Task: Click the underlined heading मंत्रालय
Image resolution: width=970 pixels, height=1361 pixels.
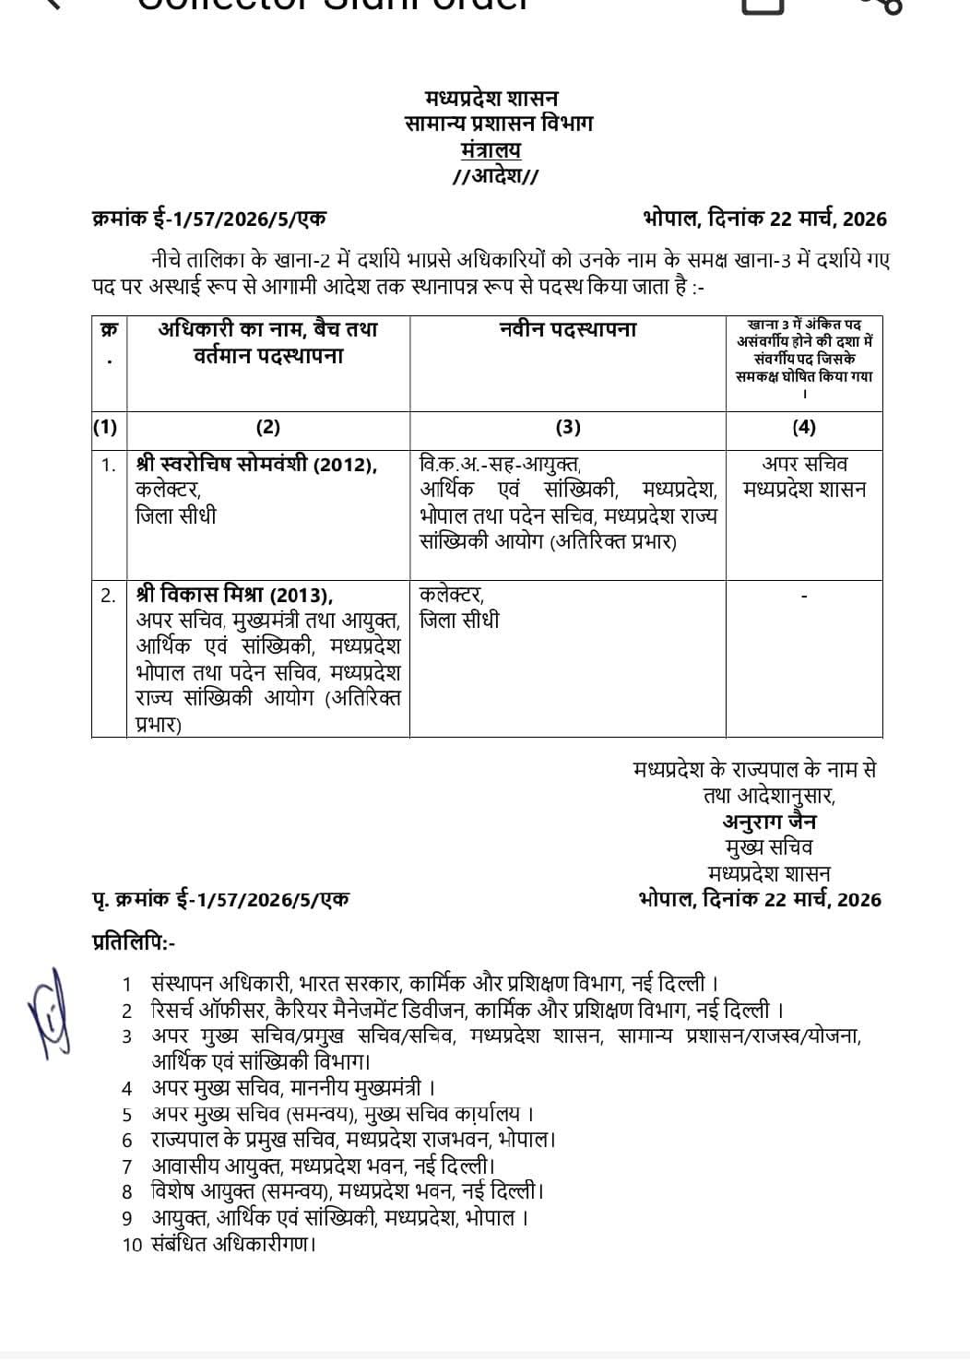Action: [x=491, y=149]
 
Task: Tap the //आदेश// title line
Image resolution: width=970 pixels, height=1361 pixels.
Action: [x=495, y=176]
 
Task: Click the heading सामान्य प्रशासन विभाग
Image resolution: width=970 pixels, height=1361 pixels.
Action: [x=499, y=123]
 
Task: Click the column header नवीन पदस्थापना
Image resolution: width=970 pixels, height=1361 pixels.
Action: [x=568, y=330]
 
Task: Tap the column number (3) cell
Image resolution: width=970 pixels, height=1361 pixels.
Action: [x=568, y=427]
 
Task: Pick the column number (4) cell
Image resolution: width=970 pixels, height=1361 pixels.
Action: [x=804, y=427]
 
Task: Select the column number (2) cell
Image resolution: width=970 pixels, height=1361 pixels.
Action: [x=267, y=427]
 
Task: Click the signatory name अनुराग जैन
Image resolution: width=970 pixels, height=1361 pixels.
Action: [x=769, y=822]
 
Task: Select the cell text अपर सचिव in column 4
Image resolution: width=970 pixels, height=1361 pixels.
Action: [x=805, y=464]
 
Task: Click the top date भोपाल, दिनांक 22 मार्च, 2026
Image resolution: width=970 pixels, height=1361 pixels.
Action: [x=764, y=219]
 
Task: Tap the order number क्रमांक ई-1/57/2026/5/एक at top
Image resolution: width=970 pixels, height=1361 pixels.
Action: [x=209, y=219]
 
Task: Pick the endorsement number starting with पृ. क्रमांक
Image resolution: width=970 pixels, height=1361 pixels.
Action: [x=221, y=899]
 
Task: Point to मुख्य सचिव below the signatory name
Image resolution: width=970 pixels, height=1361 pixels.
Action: [x=769, y=847]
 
